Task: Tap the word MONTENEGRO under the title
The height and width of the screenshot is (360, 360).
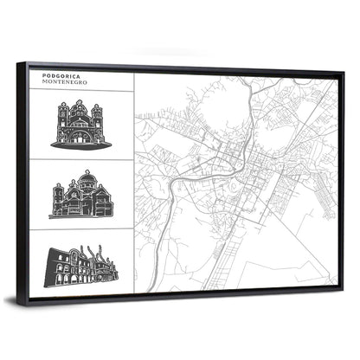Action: pyautogui.click(x=61, y=82)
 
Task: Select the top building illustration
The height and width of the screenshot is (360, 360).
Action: pyautogui.click(x=80, y=125)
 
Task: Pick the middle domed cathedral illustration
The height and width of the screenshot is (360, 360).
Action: pyautogui.click(x=80, y=195)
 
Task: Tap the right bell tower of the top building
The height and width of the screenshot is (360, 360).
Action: pyautogui.click(x=97, y=116)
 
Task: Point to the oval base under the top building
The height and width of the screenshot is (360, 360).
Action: pyautogui.click(x=80, y=145)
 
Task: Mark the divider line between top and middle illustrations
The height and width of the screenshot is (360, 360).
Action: pyautogui.click(x=81, y=159)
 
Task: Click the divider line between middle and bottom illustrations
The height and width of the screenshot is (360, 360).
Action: pyautogui.click(x=81, y=228)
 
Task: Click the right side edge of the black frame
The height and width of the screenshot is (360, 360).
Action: pyautogui.click(x=342, y=182)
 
